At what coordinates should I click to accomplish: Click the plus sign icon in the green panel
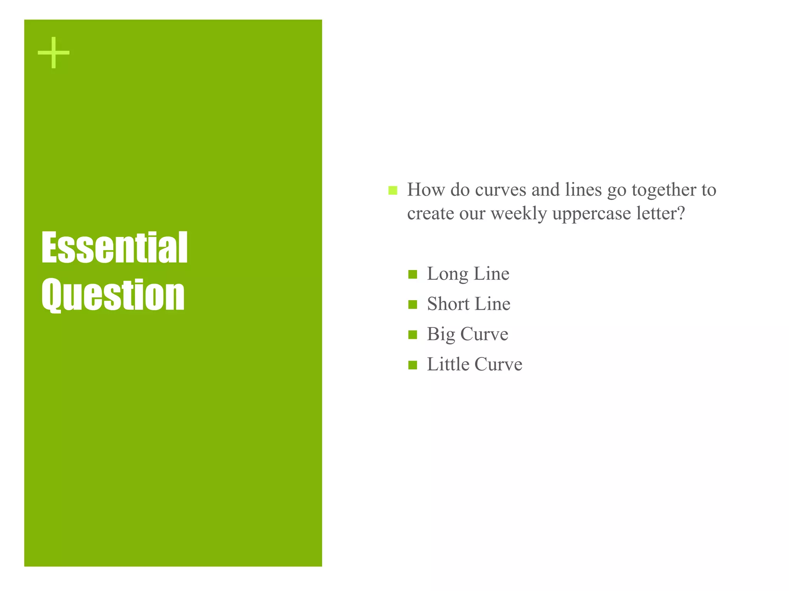tap(54, 53)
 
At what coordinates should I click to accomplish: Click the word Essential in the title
tap(114, 248)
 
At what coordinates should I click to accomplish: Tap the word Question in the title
tap(113, 295)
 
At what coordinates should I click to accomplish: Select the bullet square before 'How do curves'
tap(393, 190)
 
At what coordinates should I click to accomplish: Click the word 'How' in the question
tap(426, 190)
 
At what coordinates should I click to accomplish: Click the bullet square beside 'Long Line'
tap(413, 274)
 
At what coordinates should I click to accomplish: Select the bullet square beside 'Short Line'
tap(413, 304)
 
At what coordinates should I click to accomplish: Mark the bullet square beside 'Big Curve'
tap(413, 335)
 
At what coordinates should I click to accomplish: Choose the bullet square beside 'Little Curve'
tap(413, 365)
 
